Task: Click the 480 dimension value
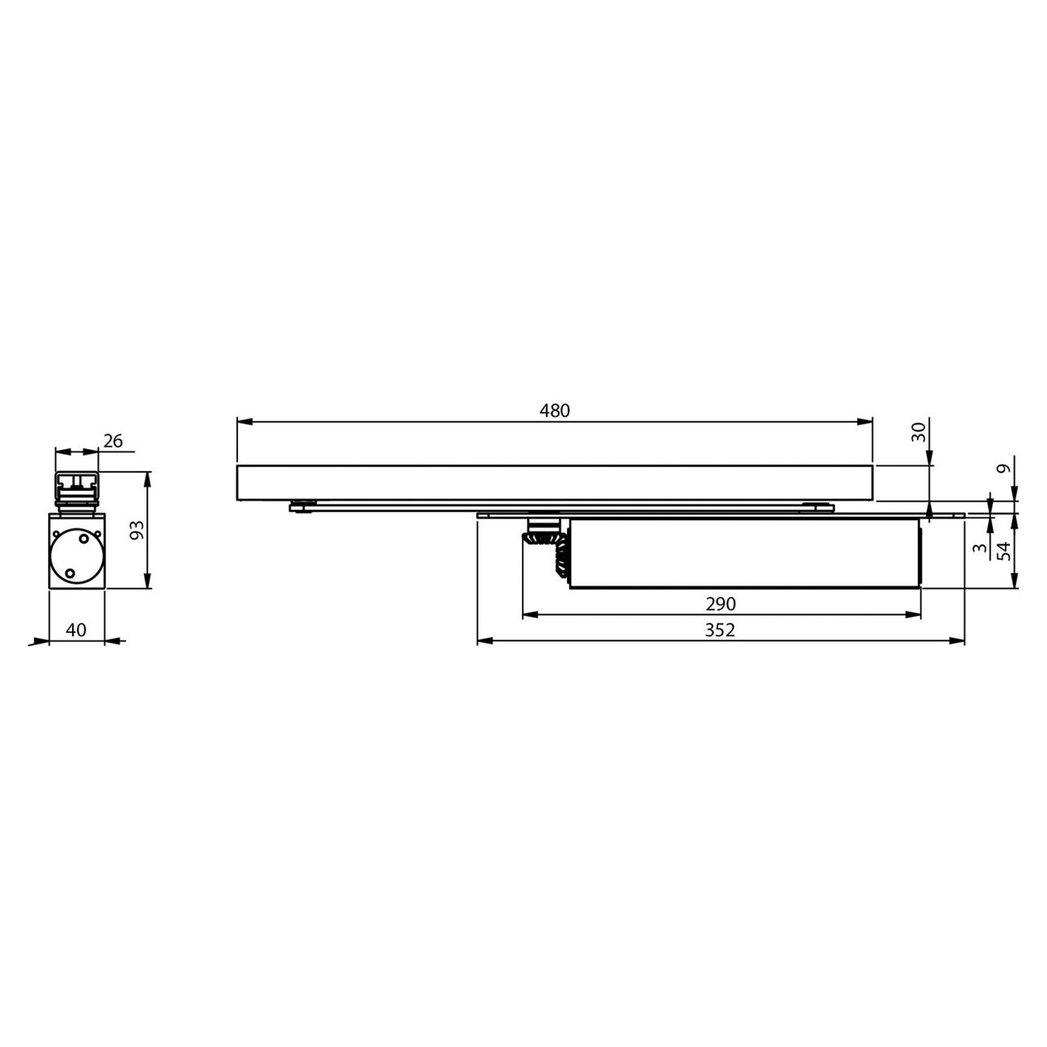[x=554, y=411]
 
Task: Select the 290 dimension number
[x=721, y=604]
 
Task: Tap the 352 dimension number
[x=721, y=630]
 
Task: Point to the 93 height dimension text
[x=137, y=529]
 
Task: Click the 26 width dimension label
[x=113, y=441]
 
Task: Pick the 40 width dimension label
[x=76, y=630]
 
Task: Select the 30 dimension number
[x=920, y=432]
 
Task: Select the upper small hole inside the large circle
[x=83, y=539]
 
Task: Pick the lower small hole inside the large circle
[x=70, y=573]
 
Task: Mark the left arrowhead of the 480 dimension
[x=242, y=422]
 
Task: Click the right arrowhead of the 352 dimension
[x=959, y=641]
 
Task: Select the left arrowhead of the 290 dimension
[x=528, y=615]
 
